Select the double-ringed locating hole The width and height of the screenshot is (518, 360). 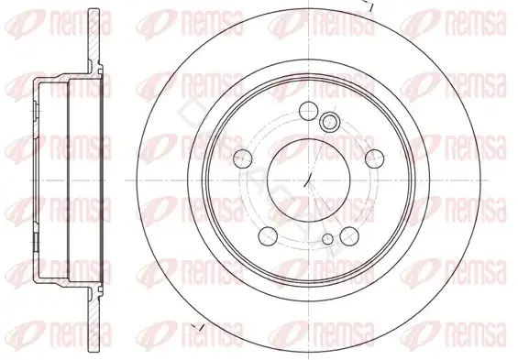tap(329, 121)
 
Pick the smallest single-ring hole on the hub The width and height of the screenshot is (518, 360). tap(327, 239)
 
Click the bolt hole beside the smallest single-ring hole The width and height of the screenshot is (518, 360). tap(349, 236)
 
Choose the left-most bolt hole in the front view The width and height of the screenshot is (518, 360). tap(242, 158)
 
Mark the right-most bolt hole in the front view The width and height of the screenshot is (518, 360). tap(374, 158)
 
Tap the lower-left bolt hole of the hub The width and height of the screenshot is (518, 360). tap(268, 236)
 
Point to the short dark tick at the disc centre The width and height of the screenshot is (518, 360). tap(307, 180)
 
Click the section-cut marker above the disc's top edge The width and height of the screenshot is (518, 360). tap(369, 5)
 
